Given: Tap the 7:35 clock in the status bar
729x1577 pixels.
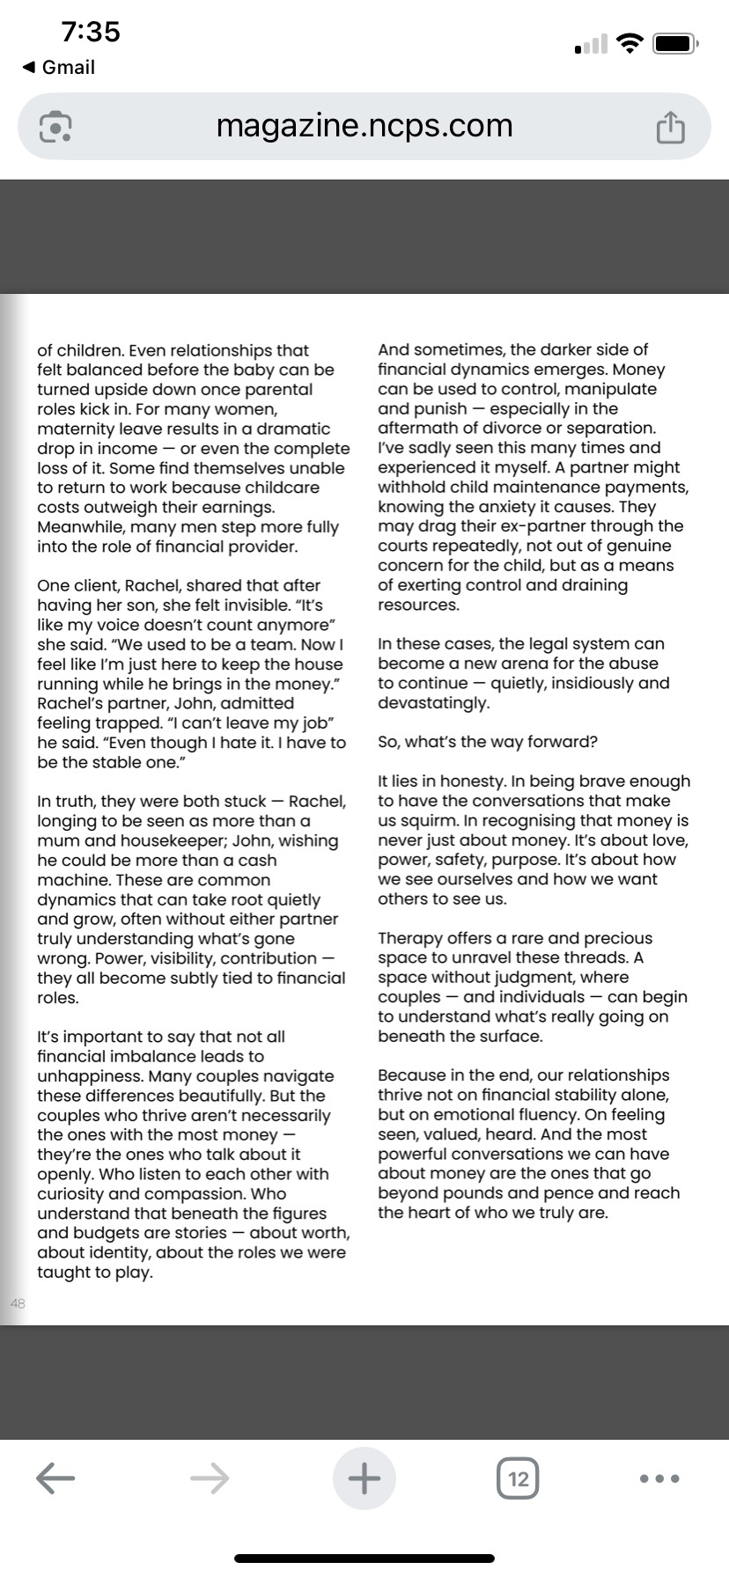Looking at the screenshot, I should (91, 33).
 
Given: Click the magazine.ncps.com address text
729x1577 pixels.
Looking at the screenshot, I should (364, 126).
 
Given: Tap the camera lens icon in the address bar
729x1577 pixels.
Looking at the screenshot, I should (55, 128).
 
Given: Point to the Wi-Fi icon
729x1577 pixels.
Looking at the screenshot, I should (630, 43).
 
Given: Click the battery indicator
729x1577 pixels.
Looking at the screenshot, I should (675, 43).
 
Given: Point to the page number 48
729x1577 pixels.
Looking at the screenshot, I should (18, 1303).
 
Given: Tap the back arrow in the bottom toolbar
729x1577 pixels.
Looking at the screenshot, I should (55, 1478).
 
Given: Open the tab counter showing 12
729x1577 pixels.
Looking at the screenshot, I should (519, 1478).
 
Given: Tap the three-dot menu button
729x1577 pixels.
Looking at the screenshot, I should (659, 1478).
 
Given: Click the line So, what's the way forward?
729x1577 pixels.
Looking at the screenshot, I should (488, 742).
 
